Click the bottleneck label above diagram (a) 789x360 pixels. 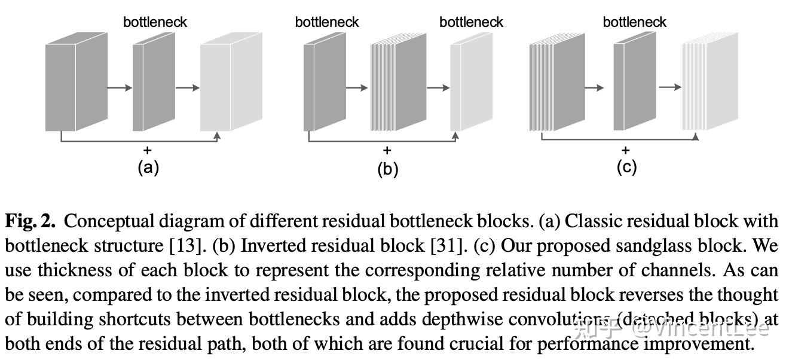155,22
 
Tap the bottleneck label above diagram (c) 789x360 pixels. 634,22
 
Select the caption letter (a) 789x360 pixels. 148,167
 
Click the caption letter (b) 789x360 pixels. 387,169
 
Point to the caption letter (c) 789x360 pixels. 626,167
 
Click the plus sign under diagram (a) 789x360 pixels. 148,150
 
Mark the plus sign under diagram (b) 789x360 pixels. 387,150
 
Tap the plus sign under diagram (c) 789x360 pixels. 626,150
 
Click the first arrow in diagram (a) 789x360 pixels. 120,88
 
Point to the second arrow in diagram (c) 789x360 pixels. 670,87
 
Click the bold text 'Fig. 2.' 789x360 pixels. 30,222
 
